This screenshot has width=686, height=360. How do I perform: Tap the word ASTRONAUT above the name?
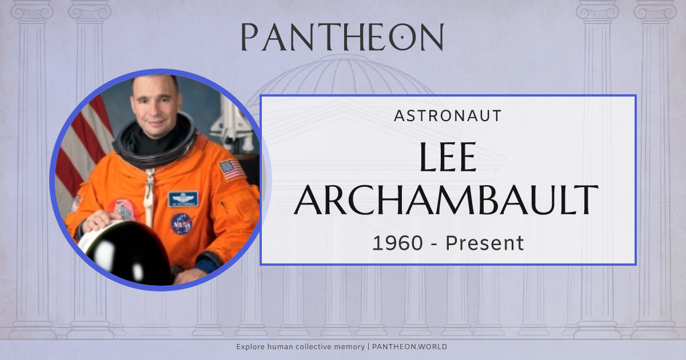click(x=448, y=116)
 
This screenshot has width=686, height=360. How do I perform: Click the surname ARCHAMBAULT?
click(x=448, y=200)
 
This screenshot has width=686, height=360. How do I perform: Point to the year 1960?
click(x=398, y=243)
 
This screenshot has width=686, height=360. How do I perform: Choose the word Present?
click(x=485, y=243)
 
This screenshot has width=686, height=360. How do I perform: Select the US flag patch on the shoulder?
click(x=232, y=169)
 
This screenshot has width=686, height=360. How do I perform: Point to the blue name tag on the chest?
click(x=183, y=199)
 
